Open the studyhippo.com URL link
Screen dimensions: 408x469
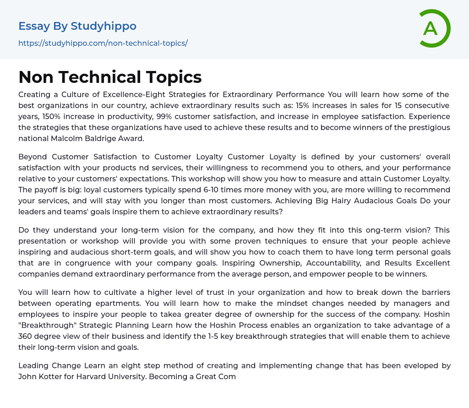103,43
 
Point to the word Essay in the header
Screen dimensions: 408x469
34,26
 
